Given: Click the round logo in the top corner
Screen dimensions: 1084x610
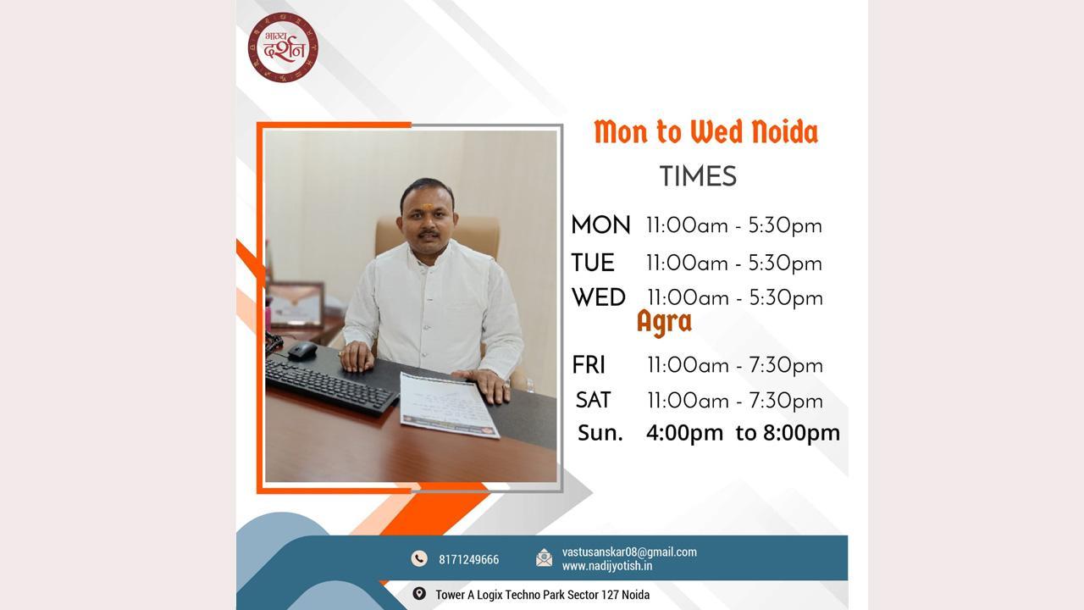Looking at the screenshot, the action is point(283,47).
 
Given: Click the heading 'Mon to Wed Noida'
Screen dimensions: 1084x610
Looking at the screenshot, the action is point(706,132).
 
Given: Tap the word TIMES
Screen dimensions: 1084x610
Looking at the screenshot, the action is point(698,176).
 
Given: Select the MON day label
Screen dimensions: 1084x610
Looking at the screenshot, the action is point(600,225).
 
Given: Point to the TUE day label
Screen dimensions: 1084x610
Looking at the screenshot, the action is point(593,263).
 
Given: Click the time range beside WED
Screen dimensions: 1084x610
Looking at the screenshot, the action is point(735,297).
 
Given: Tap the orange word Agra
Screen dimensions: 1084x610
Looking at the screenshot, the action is point(665,323).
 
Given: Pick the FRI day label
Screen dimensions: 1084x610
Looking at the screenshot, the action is point(589,365).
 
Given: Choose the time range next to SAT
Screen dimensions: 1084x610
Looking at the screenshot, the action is point(735,401).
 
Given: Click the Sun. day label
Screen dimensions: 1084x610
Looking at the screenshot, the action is point(600,433).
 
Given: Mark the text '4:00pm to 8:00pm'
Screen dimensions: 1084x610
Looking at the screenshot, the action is point(743,433).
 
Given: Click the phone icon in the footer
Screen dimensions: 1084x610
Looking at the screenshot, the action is point(419,558).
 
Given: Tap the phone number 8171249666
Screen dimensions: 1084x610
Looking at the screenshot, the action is point(468,560).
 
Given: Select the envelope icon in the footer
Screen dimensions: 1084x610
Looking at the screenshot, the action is point(544,557).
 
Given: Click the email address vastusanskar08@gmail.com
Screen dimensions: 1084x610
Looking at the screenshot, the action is point(629,552).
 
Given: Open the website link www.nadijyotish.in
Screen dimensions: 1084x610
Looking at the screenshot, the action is point(607,566).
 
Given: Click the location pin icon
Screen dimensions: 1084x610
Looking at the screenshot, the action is point(419,594).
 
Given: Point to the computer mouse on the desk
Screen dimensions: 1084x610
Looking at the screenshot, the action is point(302,351).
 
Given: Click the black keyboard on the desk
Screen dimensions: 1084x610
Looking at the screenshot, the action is point(330,385).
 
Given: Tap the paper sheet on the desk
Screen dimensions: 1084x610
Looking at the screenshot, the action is point(450,406).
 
